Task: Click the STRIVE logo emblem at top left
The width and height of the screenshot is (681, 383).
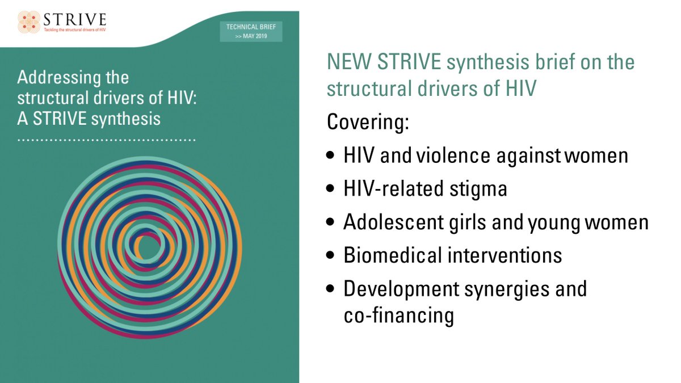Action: pos(29,21)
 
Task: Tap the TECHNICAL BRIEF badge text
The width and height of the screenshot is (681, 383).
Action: pos(251,27)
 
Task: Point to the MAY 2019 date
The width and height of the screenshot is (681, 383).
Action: pos(254,35)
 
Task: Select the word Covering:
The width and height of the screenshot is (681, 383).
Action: pos(368,123)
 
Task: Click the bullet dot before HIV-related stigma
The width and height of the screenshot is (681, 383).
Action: pos(332,190)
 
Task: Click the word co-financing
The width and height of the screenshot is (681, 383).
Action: pos(398,315)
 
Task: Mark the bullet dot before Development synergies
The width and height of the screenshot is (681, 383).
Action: pos(332,289)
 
